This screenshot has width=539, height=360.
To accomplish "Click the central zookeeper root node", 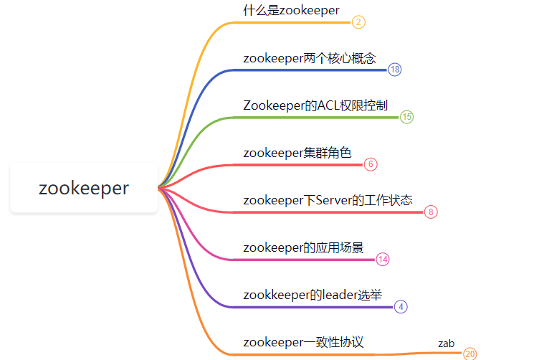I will pos(84,188).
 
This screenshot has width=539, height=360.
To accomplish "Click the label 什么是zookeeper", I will pos(291,9).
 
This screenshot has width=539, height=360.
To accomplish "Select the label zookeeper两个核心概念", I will pos(309,58).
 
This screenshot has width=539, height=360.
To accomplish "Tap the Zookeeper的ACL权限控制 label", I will pos(315,105).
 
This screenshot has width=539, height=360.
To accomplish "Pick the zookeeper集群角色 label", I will pos(297,153).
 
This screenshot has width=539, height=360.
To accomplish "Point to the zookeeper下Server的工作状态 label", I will pos(328,200).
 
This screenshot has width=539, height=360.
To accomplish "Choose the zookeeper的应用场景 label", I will pos(303,247).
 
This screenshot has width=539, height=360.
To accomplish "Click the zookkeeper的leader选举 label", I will pos(313,295).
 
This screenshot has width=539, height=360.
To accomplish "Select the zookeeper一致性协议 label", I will pos(303,342).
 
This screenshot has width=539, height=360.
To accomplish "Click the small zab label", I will pos(447,344).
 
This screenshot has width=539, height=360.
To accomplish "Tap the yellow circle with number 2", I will pos(359,22).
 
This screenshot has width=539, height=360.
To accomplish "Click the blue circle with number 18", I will pos(395,70).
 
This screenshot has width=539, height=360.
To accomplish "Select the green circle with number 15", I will pos(406,117).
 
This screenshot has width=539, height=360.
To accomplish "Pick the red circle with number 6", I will pos(371,164).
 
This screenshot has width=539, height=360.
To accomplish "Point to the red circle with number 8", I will pos(430,212).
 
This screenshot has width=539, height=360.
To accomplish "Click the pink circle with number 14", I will pos(383,259).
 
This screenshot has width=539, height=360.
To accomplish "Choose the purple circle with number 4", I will pos(401,306).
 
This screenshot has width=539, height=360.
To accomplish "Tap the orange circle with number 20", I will pos(469,354).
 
